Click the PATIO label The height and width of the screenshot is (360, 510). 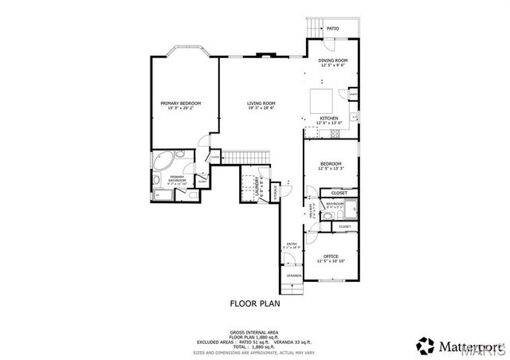[x=332, y=29]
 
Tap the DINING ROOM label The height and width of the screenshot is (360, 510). [x=333, y=61]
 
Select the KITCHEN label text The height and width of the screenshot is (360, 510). [x=329, y=118]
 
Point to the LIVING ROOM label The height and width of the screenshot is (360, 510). [x=261, y=103]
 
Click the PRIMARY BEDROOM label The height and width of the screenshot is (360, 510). [x=180, y=103]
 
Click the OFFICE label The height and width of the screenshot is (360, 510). [x=330, y=256]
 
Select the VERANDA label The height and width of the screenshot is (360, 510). [x=294, y=276]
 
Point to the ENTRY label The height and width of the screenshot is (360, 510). [x=292, y=244]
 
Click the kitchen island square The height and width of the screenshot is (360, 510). [x=322, y=100]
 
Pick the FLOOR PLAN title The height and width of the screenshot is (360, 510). [x=255, y=303]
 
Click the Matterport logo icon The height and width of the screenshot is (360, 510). [x=422, y=344]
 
